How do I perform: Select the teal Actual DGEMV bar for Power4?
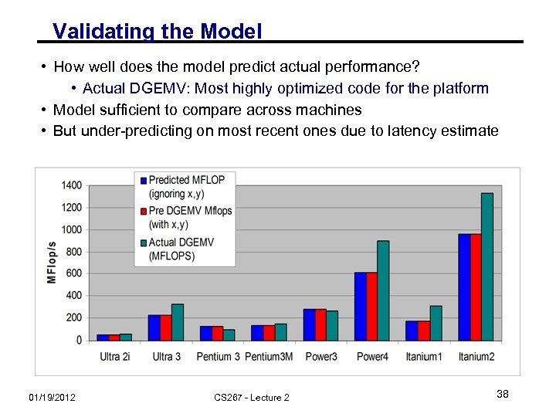click(x=384, y=290)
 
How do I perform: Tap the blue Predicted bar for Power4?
click(x=361, y=307)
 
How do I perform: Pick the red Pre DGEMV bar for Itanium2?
click(x=476, y=287)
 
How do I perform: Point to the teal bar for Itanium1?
click(x=436, y=323)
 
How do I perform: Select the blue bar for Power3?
click(x=309, y=325)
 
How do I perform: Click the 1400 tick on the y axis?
click(x=72, y=185)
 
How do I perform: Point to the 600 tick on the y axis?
click(x=74, y=273)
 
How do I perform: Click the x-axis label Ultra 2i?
click(x=115, y=357)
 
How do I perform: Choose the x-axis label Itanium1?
click(x=424, y=357)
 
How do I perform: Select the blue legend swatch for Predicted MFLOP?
click(x=143, y=180)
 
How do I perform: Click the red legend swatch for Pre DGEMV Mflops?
click(x=143, y=211)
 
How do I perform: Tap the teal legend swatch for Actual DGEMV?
click(x=143, y=242)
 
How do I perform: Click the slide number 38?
click(x=502, y=395)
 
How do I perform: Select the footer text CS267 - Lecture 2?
click(x=252, y=397)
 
